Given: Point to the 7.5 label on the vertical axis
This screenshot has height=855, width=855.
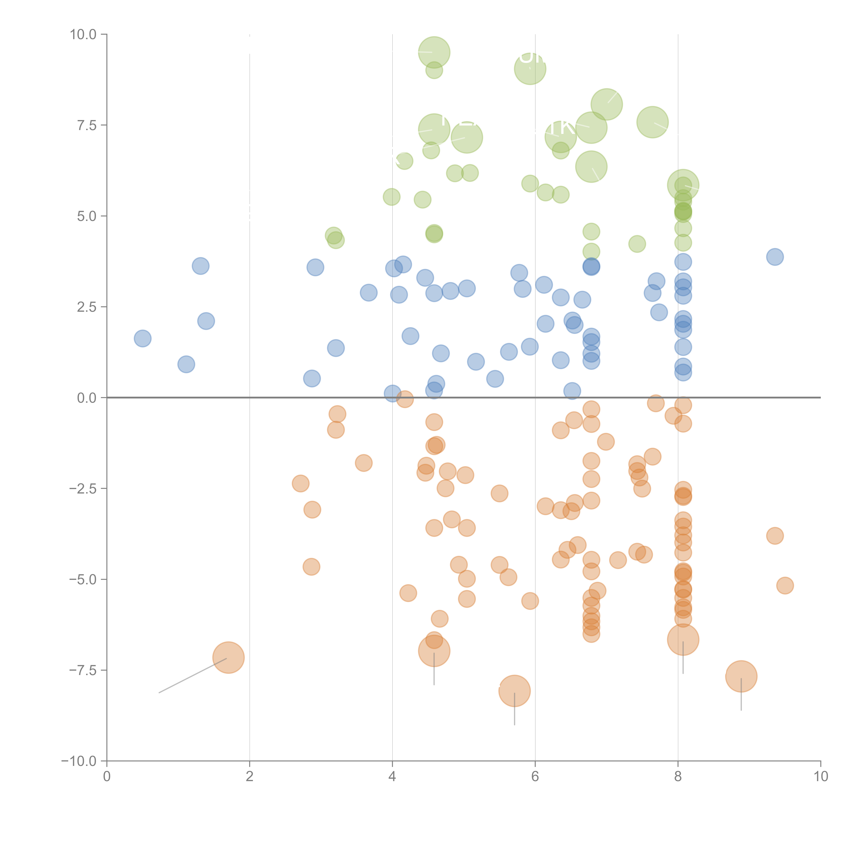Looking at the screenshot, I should tap(87, 125).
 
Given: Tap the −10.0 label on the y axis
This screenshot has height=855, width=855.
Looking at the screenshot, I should tap(79, 761).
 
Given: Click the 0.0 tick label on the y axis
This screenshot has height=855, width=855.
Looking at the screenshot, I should tap(87, 398).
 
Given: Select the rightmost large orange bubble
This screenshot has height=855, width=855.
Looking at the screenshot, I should tap(741, 676).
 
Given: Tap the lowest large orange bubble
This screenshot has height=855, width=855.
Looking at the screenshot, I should tap(514, 691).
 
